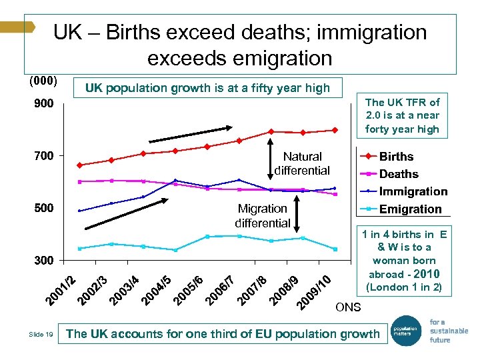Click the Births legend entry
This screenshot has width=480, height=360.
coord(397,157)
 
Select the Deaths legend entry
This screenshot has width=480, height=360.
coord(399,174)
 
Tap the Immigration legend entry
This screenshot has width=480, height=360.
coord(413,191)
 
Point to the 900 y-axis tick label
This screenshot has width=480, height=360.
coord(44,104)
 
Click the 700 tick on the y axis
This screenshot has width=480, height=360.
coord(44,156)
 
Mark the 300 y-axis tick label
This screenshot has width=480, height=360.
coord(44,260)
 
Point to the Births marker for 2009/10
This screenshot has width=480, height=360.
coord(335,130)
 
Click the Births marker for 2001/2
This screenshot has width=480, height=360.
coord(79,165)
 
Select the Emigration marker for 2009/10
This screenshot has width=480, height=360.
coord(335,249)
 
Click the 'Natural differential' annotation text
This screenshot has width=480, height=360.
coord(302,163)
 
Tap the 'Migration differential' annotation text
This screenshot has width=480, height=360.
coord(262,216)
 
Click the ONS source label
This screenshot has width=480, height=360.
coord(348,307)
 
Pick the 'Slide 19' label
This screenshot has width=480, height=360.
coord(41,335)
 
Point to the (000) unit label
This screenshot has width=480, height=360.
coord(43,82)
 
